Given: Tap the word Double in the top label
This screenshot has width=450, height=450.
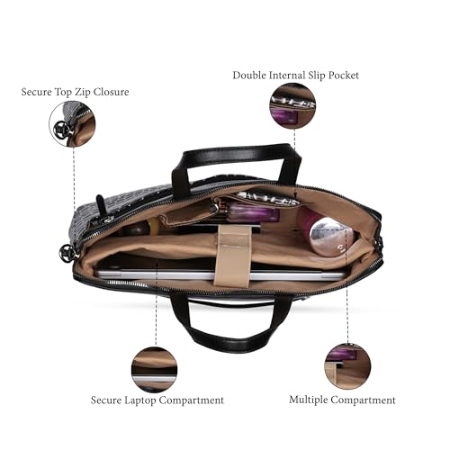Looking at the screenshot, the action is click(x=249, y=75).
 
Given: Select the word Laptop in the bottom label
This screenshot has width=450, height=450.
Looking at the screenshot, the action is click(x=140, y=400).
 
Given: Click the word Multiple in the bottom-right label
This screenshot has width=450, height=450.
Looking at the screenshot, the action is click(x=309, y=400).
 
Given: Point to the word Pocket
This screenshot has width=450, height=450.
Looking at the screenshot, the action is click(x=343, y=75).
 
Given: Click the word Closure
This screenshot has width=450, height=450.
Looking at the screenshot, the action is click(x=111, y=92).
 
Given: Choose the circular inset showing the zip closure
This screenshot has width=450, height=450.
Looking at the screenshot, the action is click(x=72, y=124).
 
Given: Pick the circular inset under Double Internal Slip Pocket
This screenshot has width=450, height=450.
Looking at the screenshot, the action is click(x=292, y=106).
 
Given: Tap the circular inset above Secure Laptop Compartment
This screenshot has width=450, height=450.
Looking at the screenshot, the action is click(x=154, y=370).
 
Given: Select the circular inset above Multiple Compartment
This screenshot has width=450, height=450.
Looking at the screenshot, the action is click(x=347, y=366).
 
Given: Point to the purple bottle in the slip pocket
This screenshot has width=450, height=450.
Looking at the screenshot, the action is click(x=252, y=211).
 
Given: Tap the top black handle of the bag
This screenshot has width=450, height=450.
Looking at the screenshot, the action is click(x=237, y=165).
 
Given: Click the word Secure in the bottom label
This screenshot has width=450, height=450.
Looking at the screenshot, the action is click(x=106, y=400).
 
